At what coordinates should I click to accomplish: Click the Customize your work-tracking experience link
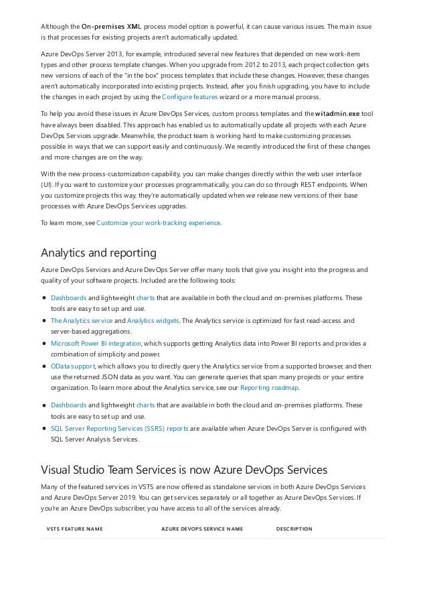coord(159,222)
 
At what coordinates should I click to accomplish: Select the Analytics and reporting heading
coord(98,253)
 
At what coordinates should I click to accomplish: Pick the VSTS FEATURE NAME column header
coord(74,529)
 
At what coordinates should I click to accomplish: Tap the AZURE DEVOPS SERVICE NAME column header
coord(202,529)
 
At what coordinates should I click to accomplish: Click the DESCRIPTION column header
coord(294,529)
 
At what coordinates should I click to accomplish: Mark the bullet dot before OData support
coord(44,366)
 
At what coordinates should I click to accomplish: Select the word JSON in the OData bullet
coord(121,377)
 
